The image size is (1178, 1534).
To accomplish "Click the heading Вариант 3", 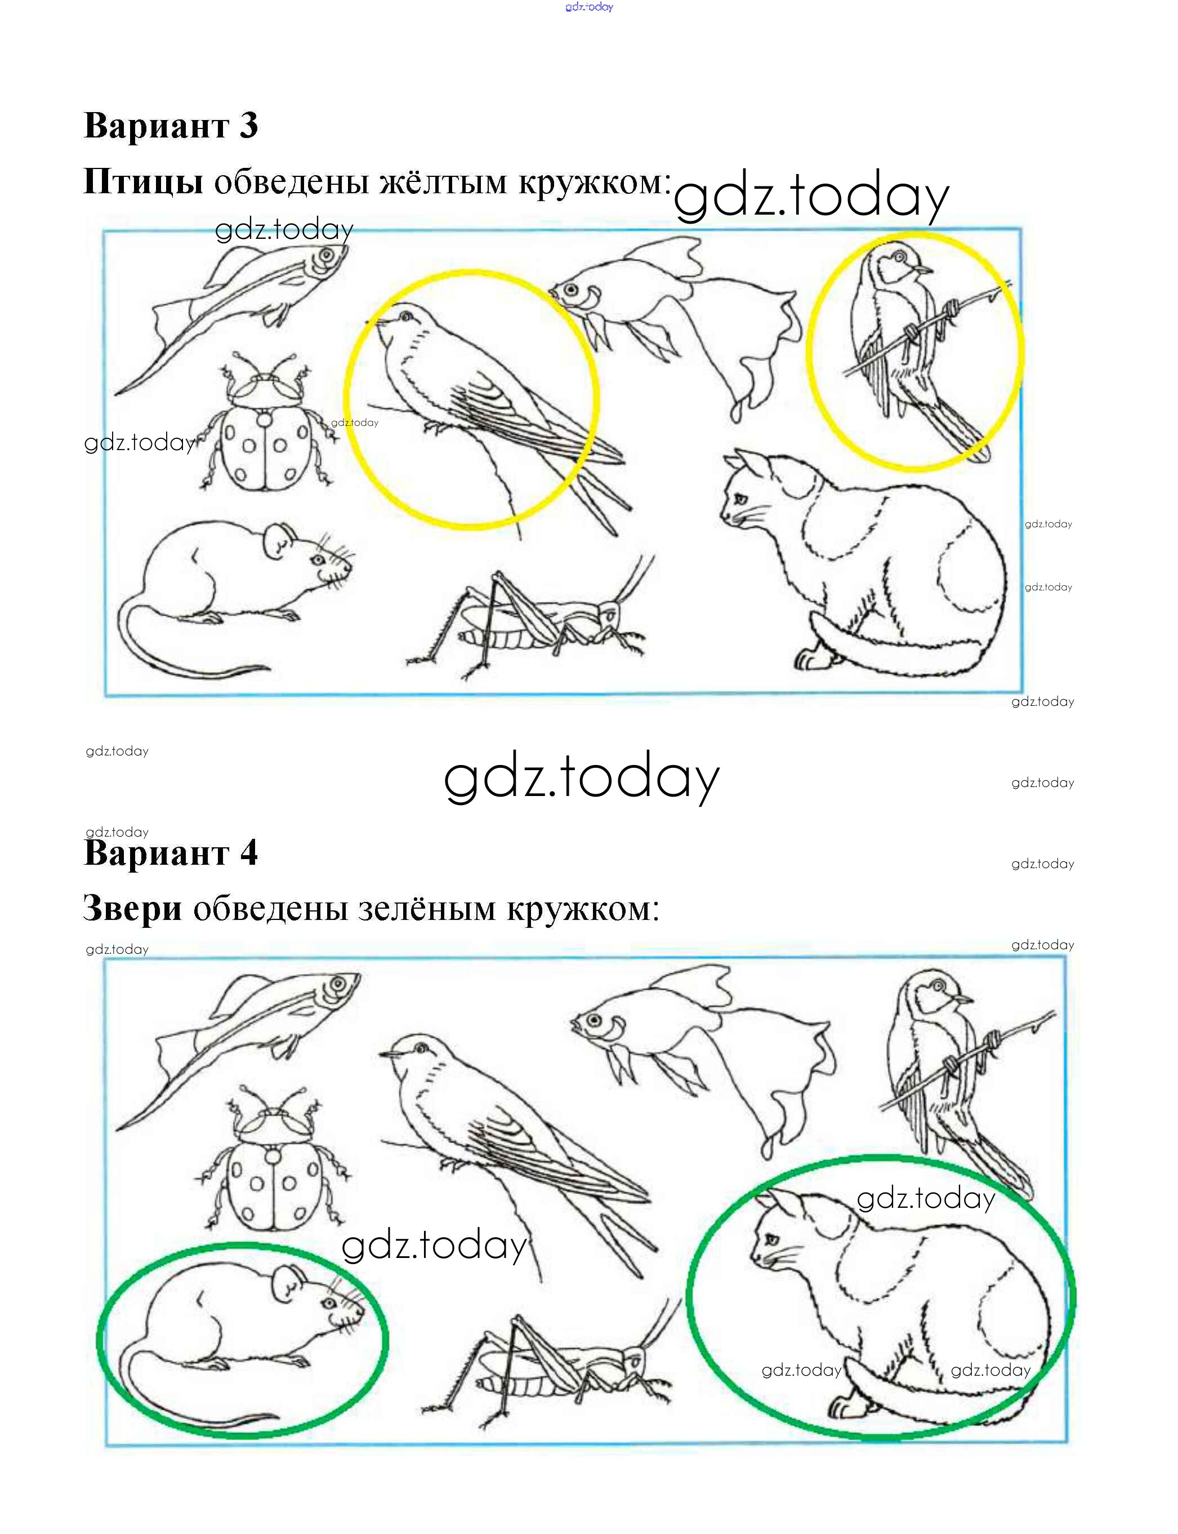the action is click(171, 126).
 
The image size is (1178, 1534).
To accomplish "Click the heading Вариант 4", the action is click(171, 853).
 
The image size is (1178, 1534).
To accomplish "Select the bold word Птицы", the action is click(143, 181).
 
